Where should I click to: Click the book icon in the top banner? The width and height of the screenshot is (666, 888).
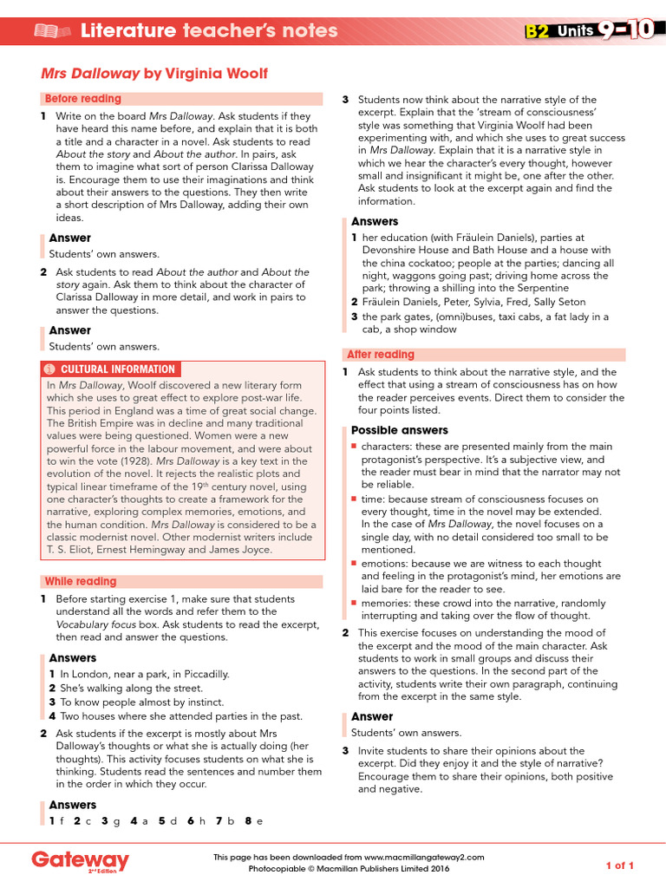tap(51, 32)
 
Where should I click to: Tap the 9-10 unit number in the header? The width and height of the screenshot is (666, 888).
tap(624, 31)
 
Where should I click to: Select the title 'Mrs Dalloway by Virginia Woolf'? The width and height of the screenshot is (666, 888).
tap(154, 74)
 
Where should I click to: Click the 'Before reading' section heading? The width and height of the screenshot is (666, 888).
tap(83, 99)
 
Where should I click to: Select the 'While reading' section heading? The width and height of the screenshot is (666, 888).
tap(81, 581)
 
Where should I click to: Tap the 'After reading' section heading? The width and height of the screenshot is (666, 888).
tap(381, 355)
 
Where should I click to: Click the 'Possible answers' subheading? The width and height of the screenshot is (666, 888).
tap(400, 430)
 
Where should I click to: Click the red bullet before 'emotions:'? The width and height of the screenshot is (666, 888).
tap(354, 563)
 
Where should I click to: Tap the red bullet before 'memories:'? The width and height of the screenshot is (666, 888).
tap(354, 602)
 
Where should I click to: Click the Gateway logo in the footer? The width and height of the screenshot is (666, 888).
tap(81, 861)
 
